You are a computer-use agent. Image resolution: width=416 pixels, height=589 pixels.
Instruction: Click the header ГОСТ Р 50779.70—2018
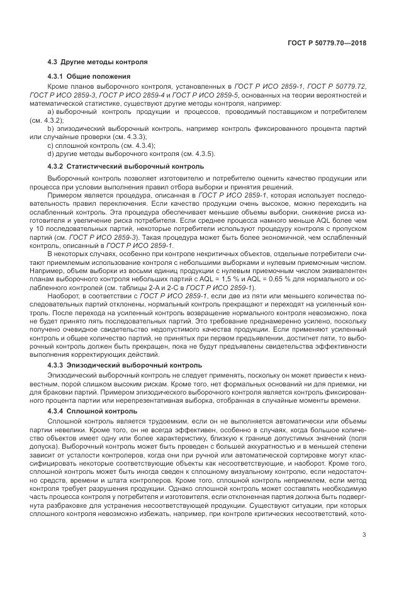coord(333,44)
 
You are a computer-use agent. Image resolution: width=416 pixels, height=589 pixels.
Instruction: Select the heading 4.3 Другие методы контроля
coord(98,62)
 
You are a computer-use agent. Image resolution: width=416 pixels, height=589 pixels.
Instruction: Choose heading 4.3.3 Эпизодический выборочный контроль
coord(125,364)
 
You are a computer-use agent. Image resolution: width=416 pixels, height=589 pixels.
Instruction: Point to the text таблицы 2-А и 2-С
coord(146,272)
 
